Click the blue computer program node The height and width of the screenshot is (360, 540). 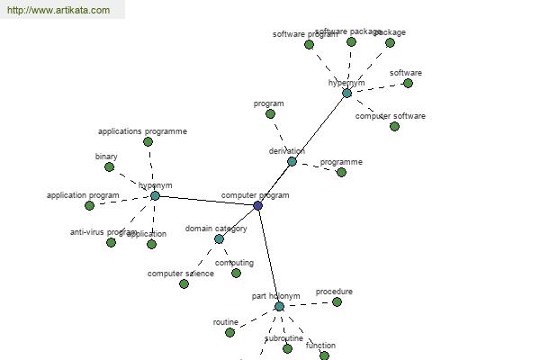(x=257, y=206)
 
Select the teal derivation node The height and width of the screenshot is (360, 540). (x=292, y=162)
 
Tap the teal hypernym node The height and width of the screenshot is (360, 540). (x=346, y=93)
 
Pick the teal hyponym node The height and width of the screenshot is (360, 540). (x=155, y=195)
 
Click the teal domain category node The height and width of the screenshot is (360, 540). (x=219, y=239)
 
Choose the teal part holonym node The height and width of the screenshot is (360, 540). (x=279, y=307)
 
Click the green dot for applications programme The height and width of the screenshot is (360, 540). (x=148, y=142)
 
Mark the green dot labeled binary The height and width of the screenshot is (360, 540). (x=109, y=167)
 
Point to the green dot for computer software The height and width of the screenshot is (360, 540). (x=394, y=127)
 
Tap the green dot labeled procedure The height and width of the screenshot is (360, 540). (x=337, y=302)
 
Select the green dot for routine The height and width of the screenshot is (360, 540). (x=229, y=333)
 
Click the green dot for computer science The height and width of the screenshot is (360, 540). (x=184, y=284)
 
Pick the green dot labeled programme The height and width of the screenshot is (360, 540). (x=341, y=173)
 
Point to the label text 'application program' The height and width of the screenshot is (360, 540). (x=83, y=195)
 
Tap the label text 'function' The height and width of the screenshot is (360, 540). (x=320, y=346)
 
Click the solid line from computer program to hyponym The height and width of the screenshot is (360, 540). (x=206, y=201)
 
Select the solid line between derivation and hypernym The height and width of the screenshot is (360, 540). (x=319, y=127)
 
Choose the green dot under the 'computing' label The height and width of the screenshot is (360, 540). (x=236, y=274)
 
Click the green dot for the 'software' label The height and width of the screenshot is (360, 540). (x=408, y=84)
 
